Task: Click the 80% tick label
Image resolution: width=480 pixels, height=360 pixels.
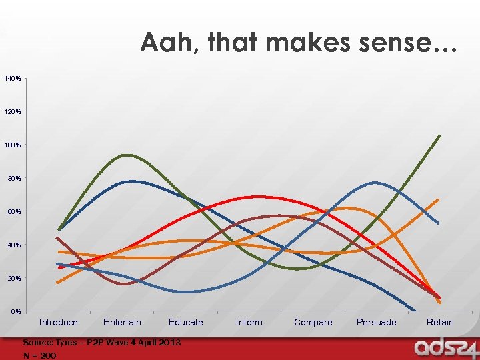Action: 13,179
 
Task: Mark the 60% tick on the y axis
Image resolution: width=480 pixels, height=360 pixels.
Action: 13,212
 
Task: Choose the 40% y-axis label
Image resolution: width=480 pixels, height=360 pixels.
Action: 13,245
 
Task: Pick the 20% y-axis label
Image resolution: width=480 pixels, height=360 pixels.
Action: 13,278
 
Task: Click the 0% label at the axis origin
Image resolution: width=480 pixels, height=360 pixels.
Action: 15,311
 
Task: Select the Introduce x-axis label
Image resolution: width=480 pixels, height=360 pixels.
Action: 58,323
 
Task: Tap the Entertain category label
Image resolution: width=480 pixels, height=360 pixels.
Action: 122,323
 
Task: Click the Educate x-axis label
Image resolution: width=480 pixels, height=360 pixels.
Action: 185,323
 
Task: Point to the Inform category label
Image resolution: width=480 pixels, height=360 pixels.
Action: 249,323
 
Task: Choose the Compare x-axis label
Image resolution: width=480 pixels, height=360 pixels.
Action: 313,323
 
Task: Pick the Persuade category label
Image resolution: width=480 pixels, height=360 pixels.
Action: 376,323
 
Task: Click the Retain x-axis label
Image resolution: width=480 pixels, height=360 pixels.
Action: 440,323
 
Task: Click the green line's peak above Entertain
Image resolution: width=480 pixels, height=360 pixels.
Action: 126,155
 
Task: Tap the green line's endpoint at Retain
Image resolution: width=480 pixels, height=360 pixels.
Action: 440,136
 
